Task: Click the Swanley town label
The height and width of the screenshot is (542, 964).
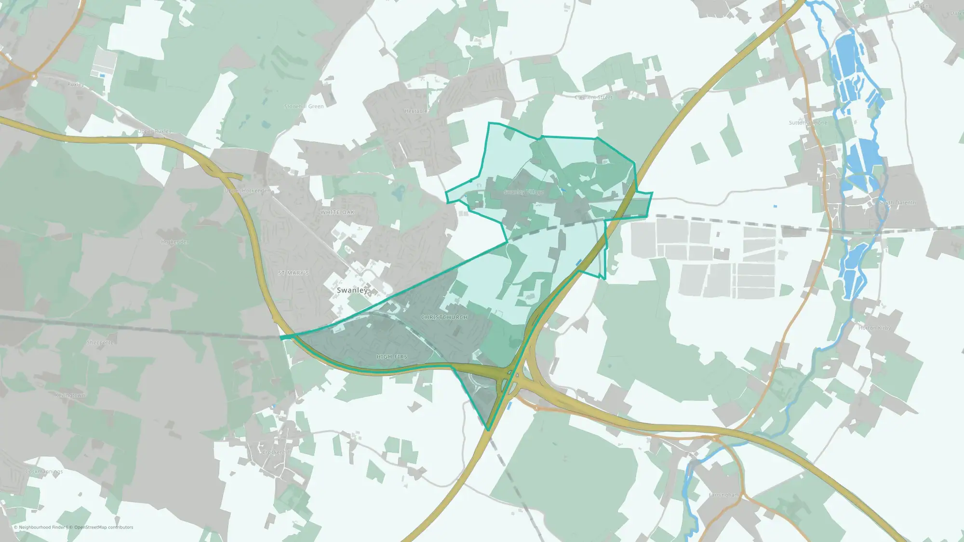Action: tap(352, 290)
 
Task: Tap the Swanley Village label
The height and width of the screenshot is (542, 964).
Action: tap(524, 192)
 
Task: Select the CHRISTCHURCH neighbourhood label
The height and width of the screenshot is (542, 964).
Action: tap(444, 317)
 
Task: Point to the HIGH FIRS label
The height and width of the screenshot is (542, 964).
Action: tap(392, 357)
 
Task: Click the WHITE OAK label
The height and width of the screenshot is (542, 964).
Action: tap(337, 212)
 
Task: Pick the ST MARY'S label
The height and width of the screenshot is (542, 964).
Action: tap(294, 273)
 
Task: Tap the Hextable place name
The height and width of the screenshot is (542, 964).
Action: tap(416, 111)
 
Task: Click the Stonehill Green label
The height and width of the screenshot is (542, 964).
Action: tap(304, 106)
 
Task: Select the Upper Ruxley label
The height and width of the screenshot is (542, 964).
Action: tap(154, 132)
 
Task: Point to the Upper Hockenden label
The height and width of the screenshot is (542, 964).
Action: tap(247, 191)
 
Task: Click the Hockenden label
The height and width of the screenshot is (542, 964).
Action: tap(175, 242)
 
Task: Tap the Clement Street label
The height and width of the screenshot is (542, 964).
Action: tap(594, 97)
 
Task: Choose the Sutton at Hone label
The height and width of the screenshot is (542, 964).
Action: tap(808, 123)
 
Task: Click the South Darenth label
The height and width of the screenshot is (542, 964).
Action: tap(897, 203)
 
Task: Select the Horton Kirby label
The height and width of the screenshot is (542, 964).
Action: tap(875, 328)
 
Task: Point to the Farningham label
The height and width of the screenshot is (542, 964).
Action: tap(724, 495)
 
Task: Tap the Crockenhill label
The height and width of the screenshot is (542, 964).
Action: tap(277, 452)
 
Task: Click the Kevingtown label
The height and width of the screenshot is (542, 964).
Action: tap(70, 396)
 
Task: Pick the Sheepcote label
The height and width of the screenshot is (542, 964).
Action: tap(100, 343)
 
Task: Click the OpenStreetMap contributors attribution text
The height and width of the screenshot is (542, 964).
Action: tap(104, 528)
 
